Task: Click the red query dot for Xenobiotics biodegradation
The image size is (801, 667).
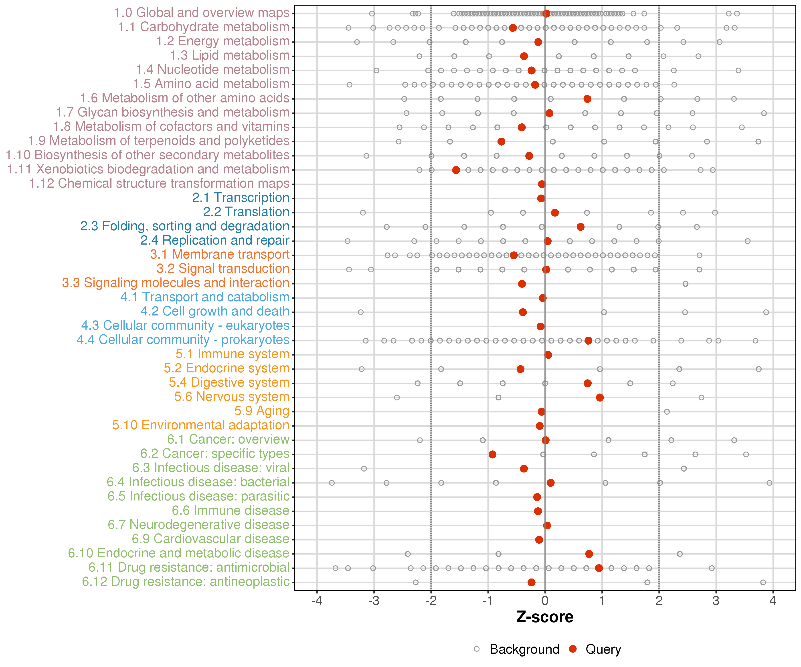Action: point(456,170)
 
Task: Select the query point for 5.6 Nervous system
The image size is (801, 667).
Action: point(600,398)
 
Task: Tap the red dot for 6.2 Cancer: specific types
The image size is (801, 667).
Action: point(492,454)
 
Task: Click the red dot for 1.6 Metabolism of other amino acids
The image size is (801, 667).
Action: point(587,99)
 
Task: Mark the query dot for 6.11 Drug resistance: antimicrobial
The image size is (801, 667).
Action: point(599,568)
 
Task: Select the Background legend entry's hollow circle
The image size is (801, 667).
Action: point(477,649)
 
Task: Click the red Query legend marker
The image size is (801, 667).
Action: point(572,649)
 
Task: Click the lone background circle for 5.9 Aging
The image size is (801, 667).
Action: point(667,412)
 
